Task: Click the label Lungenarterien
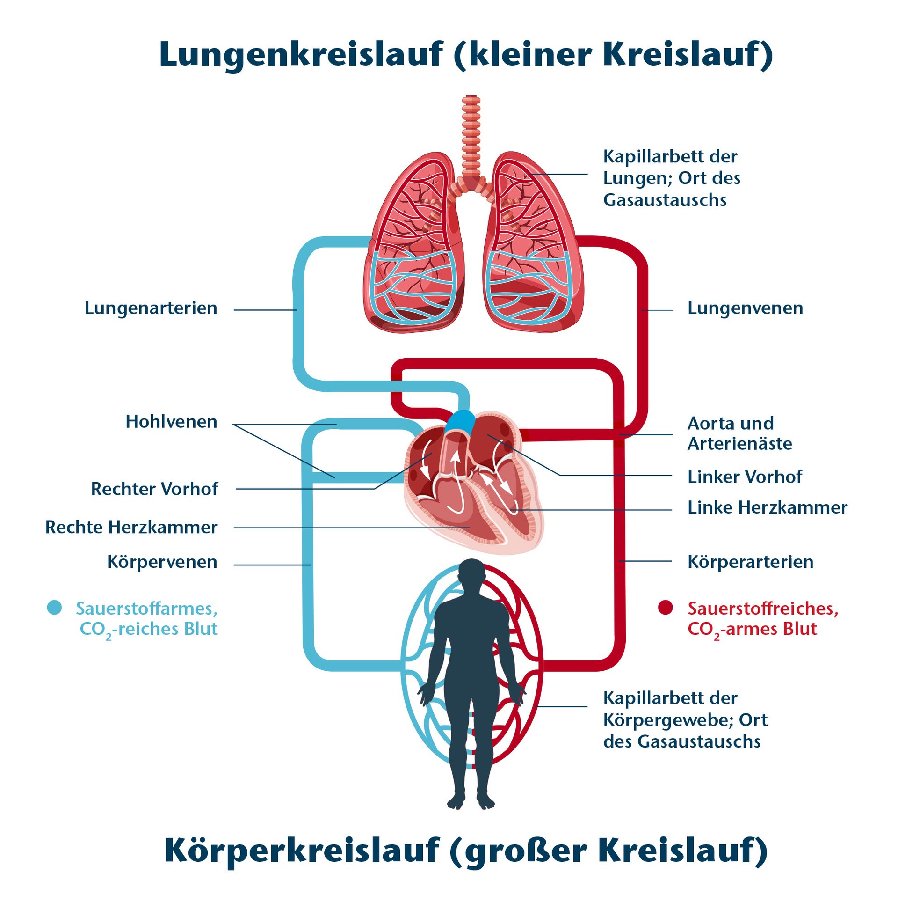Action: pyautogui.click(x=151, y=308)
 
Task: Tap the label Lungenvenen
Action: pyautogui.click(x=745, y=308)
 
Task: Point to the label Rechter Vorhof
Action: pyautogui.click(x=154, y=490)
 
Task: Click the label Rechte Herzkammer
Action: pyautogui.click(x=131, y=528)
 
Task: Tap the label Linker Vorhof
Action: pyautogui.click(x=744, y=477)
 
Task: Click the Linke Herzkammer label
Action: pyautogui.click(x=767, y=508)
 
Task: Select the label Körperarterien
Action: pyautogui.click(x=750, y=562)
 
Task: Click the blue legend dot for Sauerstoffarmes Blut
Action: pyautogui.click(x=55, y=608)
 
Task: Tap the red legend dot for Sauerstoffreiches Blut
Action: pyautogui.click(x=665, y=608)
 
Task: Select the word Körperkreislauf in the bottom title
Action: pyautogui.click(x=302, y=851)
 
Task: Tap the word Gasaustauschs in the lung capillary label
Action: pyautogui.click(x=665, y=200)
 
